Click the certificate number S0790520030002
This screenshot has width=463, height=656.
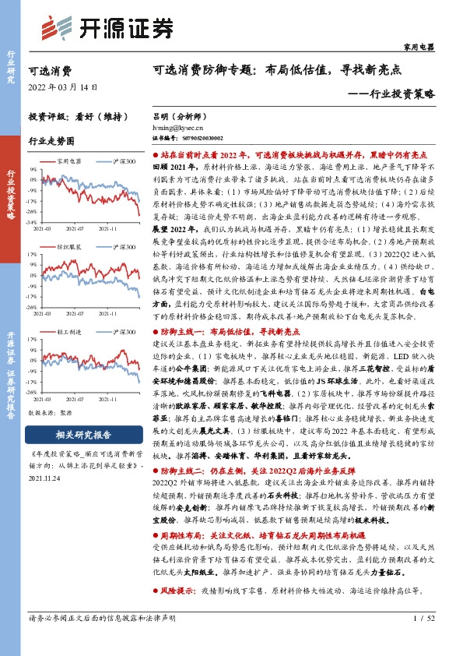[191, 135]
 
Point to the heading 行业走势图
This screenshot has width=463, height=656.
[51, 141]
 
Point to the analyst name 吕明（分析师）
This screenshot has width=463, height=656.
[177, 113]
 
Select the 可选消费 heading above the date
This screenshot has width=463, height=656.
[49, 70]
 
